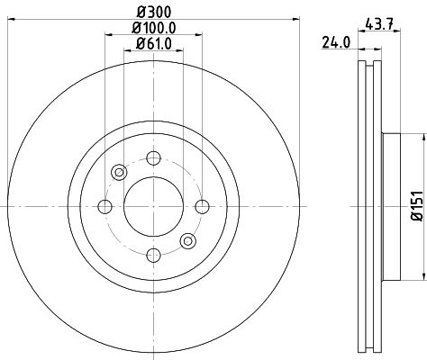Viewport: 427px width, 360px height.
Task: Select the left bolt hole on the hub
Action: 104,207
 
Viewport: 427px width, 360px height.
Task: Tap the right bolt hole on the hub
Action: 202,207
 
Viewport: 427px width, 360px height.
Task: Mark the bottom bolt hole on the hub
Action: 153,256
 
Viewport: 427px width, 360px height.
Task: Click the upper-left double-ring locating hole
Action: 119,173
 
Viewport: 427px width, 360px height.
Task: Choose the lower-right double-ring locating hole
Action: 187,241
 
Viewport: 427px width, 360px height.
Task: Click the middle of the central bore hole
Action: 153,207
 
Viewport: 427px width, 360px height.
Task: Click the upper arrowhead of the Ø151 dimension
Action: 419,137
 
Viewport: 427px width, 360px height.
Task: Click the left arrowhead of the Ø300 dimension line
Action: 21,20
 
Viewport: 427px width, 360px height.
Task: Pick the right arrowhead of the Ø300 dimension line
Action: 286,20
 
